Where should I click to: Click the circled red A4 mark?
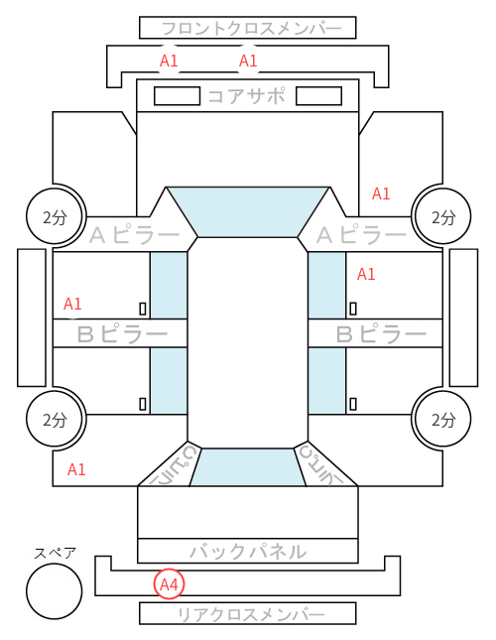pos(169,584)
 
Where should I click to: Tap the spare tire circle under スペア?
pos(55,591)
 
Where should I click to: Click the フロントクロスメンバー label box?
pos(248,28)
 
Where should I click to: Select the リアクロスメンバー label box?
pos(248,613)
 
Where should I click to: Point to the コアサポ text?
pos(246,96)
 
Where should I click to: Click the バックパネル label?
pos(248,552)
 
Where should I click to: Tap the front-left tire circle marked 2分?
pos(56,216)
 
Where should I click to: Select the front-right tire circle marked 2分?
pos(442,216)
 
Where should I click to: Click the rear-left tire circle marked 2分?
pos(56,419)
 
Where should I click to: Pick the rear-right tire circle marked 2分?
pos(442,419)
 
